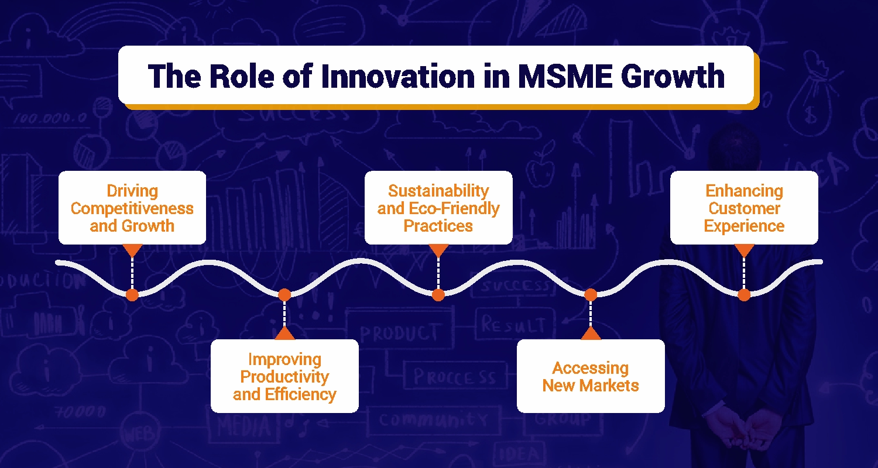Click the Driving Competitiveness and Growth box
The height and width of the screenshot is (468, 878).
coord(132,208)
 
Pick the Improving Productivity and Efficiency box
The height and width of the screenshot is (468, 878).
coord(284,376)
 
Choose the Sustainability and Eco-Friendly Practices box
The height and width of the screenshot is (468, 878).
coord(438,208)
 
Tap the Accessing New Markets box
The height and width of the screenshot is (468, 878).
coord(591,376)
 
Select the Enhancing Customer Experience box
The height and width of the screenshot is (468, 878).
coord(744,208)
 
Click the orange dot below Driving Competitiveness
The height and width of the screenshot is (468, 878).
coord(132,295)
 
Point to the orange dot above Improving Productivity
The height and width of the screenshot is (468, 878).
coord(284,294)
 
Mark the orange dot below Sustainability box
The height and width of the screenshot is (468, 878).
coord(438,295)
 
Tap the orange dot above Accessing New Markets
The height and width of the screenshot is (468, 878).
coord(591,294)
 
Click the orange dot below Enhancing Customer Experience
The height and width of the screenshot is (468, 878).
coord(744,295)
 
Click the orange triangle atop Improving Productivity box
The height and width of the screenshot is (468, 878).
coord(284,333)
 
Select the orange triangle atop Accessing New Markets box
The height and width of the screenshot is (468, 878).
coord(591,333)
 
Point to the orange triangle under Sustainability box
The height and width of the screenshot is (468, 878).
coord(438,250)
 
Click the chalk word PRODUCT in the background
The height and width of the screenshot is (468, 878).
coord(399,333)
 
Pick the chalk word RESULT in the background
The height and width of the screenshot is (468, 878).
coord(513,326)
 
